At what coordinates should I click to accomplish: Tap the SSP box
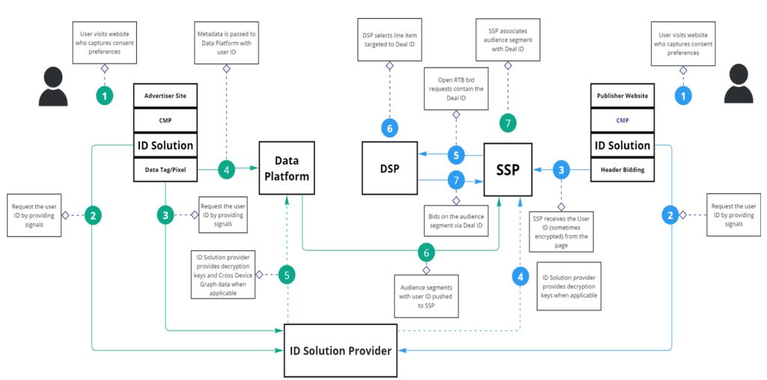pyautogui.click(x=507, y=169)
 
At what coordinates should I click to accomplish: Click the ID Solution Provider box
pyautogui.click(x=342, y=349)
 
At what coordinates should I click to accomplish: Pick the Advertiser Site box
pyautogui.click(x=166, y=96)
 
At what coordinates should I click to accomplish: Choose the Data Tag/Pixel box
pyautogui.click(x=166, y=170)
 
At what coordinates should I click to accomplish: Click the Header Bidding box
pyautogui.click(x=622, y=170)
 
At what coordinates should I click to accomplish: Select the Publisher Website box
pyautogui.click(x=622, y=96)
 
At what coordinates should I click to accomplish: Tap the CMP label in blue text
pyautogui.click(x=622, y=120)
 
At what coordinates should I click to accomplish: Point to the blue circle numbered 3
pyautogui.click(x=561, y=170)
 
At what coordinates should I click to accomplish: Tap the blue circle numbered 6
pyautogui.click(x=389, y=128)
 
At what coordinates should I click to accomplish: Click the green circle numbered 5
pyautogui.click(x=288, y=274)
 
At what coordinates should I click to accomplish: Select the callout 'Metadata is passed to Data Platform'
pyautogui.click(x=226, y=42)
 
